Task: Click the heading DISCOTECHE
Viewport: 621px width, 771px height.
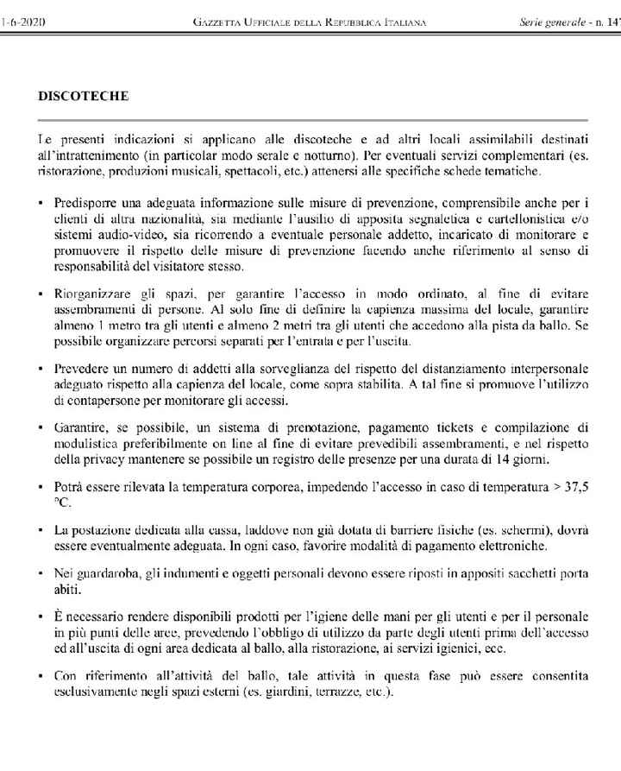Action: click(x=84, y=96)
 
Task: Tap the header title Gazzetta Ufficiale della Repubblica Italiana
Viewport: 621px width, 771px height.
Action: click(x=310, y=20)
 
